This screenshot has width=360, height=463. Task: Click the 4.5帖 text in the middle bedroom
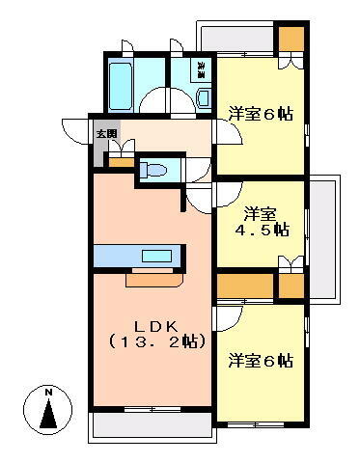[x=262, y=230]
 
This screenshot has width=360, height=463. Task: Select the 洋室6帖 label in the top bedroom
[x=261, y=114]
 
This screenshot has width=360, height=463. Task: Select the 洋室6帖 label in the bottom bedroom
[x=261, y=361]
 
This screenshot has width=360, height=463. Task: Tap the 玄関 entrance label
[x=105, y=134]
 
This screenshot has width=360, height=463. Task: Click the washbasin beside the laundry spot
[x=203, y=95]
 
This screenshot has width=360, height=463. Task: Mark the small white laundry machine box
[x=202, y=69]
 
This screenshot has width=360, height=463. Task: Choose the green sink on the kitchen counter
[x=155, y=258]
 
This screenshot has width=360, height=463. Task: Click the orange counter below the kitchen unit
[x=152, y=279]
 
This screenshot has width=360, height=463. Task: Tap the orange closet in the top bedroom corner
[x=291, y=41]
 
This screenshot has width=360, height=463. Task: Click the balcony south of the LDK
[x=151, y=424]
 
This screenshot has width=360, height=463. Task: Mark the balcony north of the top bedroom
[x=236, y=38]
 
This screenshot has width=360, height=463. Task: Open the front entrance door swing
[x=77, y=130]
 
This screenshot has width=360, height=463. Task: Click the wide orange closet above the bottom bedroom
[x=245, y=286]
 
